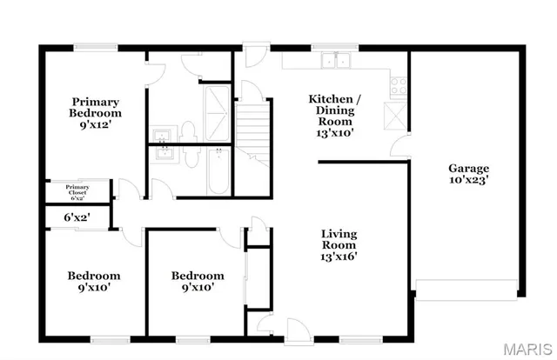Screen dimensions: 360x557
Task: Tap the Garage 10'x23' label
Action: pos(468,174)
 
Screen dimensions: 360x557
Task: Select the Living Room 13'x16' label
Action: pos(339,244)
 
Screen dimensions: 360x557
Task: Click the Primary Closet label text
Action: pos(77,190)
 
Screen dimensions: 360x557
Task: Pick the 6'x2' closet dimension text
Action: pos(77,217)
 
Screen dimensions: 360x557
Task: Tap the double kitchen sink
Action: pos(334,60)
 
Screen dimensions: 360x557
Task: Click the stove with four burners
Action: pos(399,86)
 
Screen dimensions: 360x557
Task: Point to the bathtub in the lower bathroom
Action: pos(218,170)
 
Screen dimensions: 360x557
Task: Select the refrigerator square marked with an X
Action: pos(396,114)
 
